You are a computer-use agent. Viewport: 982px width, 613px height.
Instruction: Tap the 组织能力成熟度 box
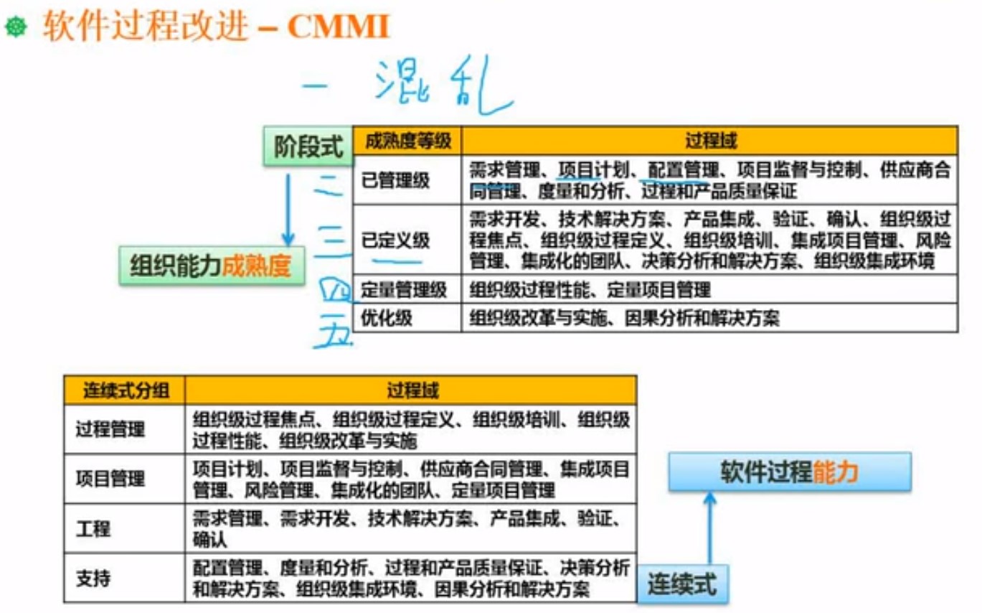coord(211,266)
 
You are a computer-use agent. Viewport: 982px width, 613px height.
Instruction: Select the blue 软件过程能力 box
coord(789,472)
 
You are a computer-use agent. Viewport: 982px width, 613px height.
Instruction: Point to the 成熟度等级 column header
coord(407,141)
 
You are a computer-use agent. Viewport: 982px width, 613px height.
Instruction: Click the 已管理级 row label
coord(396,180)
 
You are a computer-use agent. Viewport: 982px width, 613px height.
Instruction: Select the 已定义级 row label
coord(396,240)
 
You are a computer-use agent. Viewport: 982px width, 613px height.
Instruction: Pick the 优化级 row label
coord(387,317)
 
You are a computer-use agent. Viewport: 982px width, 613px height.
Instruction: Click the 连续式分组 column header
coord(126,390)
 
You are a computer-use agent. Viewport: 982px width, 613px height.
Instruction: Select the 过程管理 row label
coord(110,429)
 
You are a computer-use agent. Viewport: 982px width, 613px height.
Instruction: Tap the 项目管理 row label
coord(110,478)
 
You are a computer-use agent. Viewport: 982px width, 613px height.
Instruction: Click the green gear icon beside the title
coord(16,27)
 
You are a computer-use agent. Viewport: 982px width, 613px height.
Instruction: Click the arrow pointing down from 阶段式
coord(288,208)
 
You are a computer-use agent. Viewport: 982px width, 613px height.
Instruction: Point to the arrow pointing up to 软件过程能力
coord(709,528)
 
